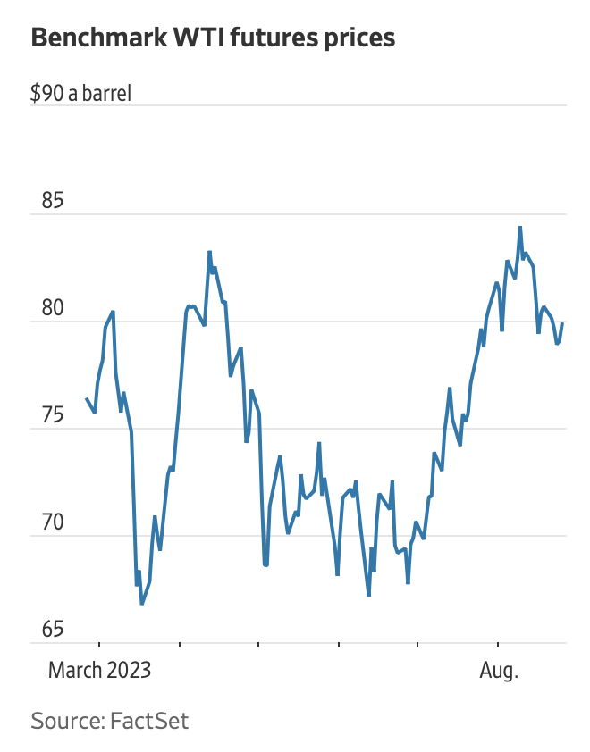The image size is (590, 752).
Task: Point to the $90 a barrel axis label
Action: point(80,92)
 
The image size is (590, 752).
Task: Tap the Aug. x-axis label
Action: point(499,670)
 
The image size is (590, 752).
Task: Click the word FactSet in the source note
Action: point(149,720)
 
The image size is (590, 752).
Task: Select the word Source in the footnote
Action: point(67,720)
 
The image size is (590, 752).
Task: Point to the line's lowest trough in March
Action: point(141,605)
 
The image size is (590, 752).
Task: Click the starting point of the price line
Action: point(87,399)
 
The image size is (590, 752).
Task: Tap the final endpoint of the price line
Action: point(562,323)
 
